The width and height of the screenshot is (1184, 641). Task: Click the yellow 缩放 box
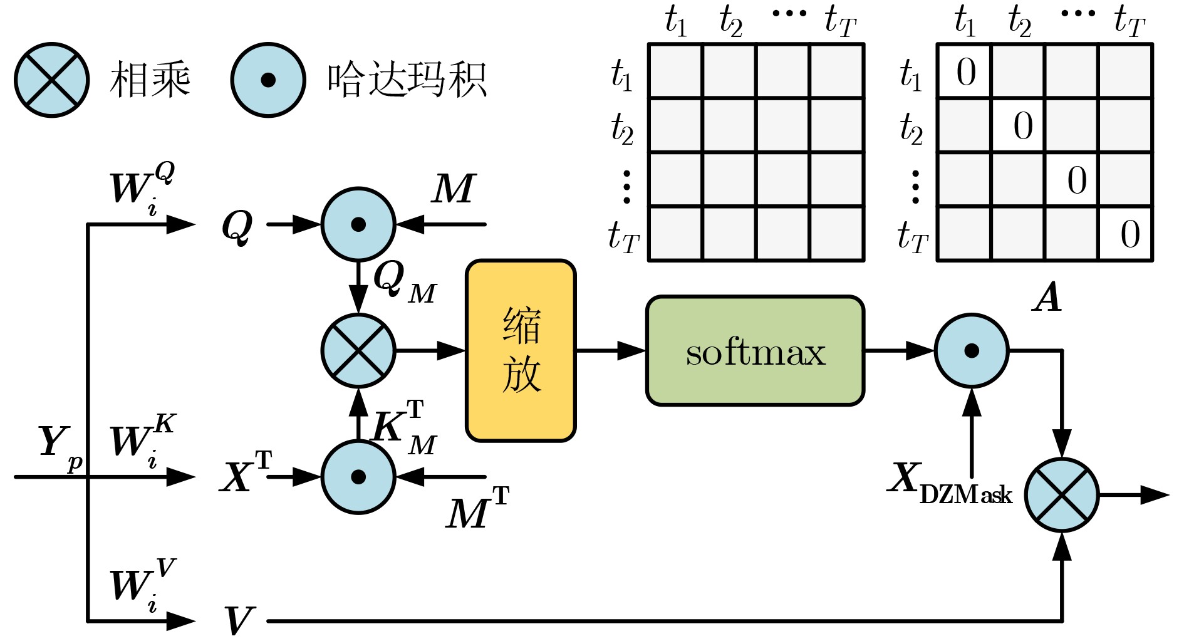click(521, 350)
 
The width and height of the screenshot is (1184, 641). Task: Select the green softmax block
click(755, 351)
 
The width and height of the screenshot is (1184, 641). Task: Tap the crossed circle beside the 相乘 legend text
click(52, 80)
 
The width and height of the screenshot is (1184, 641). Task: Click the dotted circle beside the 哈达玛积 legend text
click(268, 80)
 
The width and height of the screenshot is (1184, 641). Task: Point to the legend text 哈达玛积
click(407, 80)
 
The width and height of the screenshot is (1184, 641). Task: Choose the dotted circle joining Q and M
click(358, 224)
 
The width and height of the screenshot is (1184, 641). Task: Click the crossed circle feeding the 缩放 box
click(358, 351)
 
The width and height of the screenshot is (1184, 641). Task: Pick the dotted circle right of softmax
click(972, 351)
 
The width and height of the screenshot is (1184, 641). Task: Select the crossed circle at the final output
click(1062, 495)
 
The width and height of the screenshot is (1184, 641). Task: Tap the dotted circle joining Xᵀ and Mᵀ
click(358, 477)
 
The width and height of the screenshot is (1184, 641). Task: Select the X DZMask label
click(949, 484)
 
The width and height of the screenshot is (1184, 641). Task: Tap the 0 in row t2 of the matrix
click(1022, 126)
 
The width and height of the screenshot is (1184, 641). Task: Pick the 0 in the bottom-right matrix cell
click(1129, 234)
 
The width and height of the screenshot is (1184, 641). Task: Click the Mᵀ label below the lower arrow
click(476, 509)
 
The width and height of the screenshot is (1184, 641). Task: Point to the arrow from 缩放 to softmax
click(611, 351)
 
